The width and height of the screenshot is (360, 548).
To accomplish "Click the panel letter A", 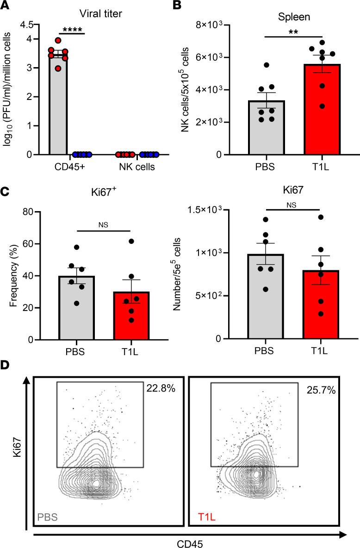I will (6, 6).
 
